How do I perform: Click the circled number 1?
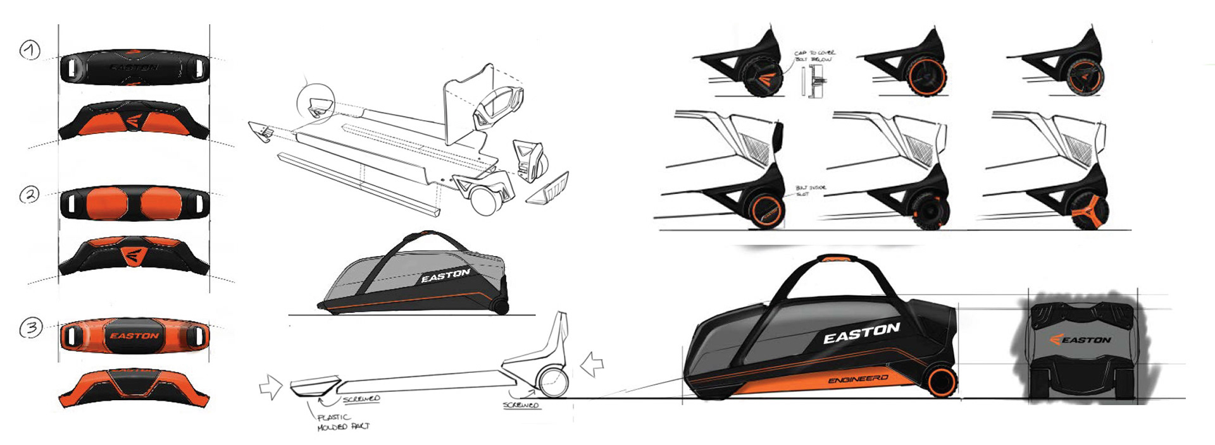pyautogui.click(x=30, y=50)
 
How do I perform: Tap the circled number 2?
pyautogui.click(x=29, y=195)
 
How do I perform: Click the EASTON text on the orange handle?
pyautogui.click(x=134, y=336)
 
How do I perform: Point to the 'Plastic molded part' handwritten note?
pyautogui.click(x=342, y=422)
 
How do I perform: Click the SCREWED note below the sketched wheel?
pyautogui.click(x=521, y=405)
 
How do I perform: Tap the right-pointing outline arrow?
pyautogui.click(x=271, y=386)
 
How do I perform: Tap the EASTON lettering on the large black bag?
pyautogui.click(x=861, y=334)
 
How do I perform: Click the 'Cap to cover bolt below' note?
pyautogui.click(x=814, y=56)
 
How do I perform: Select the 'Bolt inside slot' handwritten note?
pyautogui.click(x=810, y=191)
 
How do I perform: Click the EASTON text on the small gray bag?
pyautogui.click(x=445, y=276)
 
